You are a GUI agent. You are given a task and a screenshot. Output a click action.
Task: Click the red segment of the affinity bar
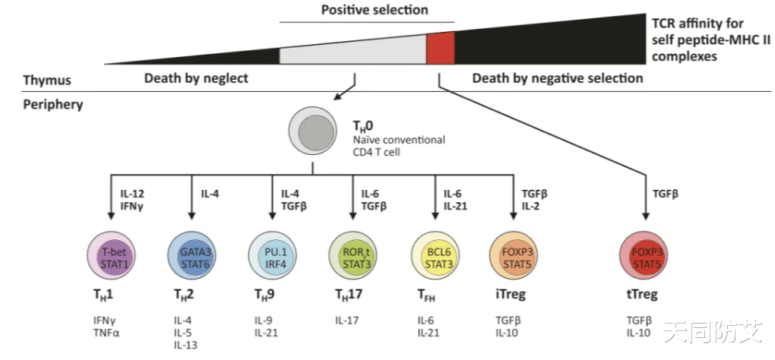[x=440, y=47]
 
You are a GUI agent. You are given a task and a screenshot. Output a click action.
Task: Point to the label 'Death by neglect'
[x=196, y=79]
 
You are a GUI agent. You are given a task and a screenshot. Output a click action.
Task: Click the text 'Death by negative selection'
[x=558, y=79]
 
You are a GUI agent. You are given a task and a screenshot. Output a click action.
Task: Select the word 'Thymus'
[x=47, y=80]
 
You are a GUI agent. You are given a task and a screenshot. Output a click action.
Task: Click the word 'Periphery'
[x=52, y=104]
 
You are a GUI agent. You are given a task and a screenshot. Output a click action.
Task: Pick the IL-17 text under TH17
[x=348, y=320]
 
